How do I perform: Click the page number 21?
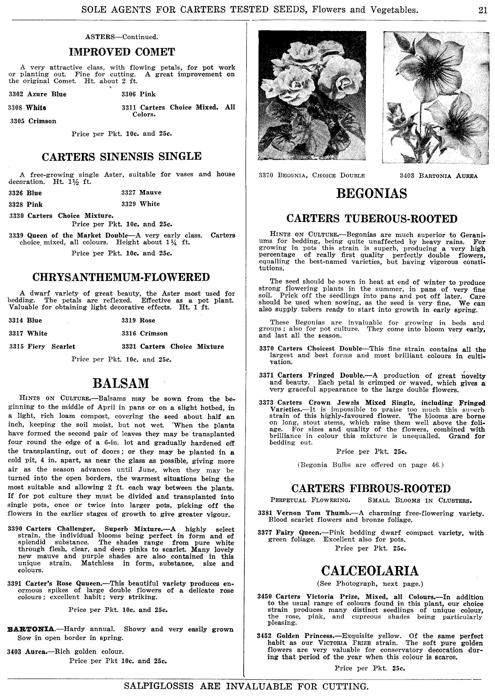point(482,10)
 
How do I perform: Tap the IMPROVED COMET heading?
point(122,52)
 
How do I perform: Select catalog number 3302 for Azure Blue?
point(16,94)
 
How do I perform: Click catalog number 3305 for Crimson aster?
point(17,121)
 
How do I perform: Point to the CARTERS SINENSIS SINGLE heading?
point(121,156)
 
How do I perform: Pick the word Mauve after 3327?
point(150,192)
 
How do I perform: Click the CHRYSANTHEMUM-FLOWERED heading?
point(121,277)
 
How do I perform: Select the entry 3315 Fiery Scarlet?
point(42,347)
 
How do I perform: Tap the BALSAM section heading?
point(121,383)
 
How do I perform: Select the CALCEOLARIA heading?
point(370,571)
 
